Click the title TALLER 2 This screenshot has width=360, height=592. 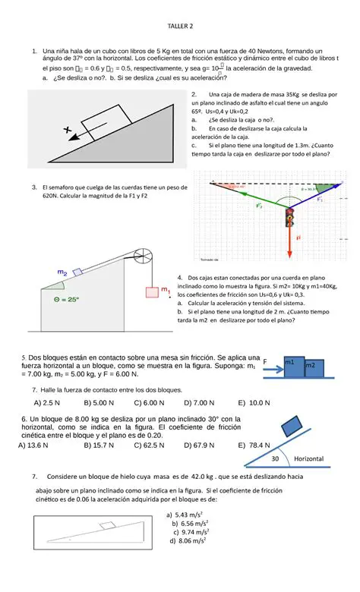180,28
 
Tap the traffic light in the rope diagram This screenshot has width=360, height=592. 288,219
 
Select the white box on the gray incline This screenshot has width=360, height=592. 104,119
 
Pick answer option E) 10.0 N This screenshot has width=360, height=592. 254,402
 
